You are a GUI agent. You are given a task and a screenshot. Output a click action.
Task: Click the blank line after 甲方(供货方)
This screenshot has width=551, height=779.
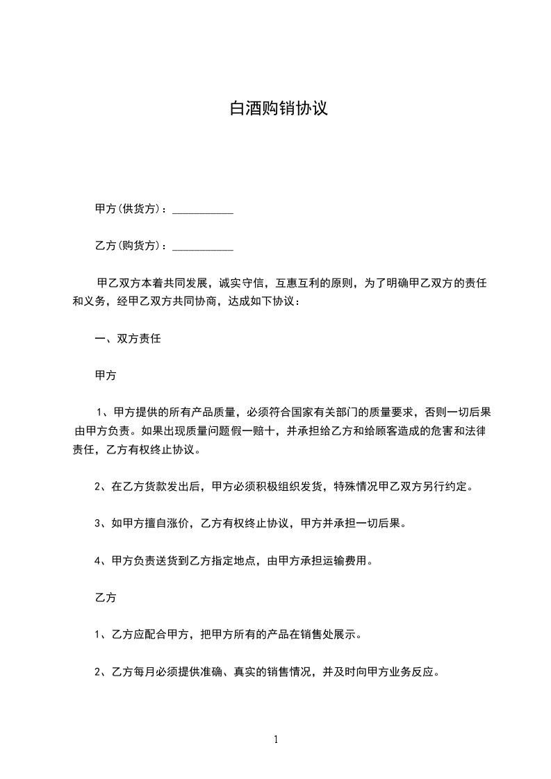point(202,209)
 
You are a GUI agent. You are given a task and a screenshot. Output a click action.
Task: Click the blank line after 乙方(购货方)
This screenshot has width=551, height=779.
point(202,246)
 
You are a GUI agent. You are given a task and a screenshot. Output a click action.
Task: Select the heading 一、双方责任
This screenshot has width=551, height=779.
point(128,339)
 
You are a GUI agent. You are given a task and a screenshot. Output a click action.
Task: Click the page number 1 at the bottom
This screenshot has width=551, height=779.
point(276,739)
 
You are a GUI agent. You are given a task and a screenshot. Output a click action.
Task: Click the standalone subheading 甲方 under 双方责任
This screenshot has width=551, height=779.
point(105,376)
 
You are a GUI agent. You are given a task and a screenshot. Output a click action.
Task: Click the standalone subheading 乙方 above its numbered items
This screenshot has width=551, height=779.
point(105,598)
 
